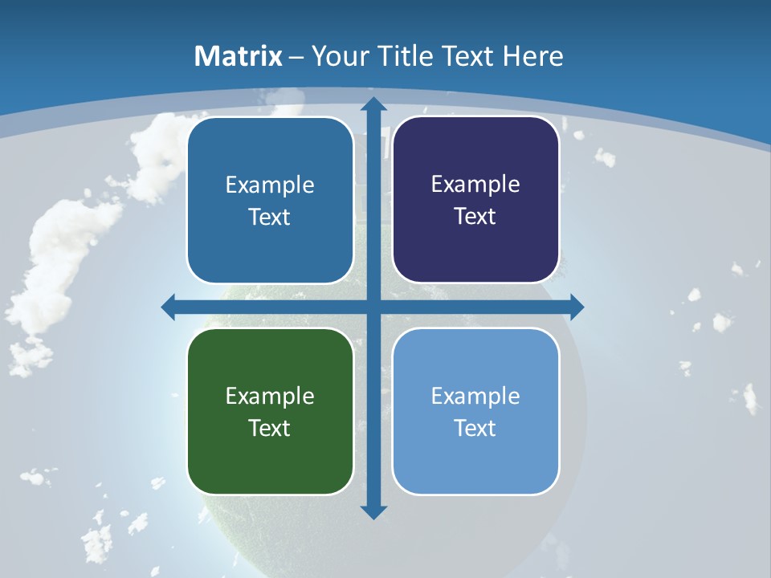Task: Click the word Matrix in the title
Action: (239, 56)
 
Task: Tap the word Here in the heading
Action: (533, 56)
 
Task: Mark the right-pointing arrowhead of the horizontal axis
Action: (576, 307)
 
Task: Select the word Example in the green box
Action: (270, 396)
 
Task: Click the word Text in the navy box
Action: (475, 217)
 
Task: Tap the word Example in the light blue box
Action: (475, 396)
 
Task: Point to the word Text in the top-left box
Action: (270, 218)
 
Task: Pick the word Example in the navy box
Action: (475, 185)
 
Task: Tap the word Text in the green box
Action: (270, 428)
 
